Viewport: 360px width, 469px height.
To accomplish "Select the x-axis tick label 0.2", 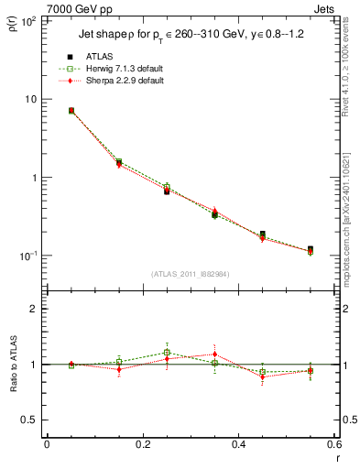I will (142, 443).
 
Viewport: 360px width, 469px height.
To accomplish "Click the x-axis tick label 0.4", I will (238, 443).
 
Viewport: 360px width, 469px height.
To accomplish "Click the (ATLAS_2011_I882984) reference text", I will (191, 273).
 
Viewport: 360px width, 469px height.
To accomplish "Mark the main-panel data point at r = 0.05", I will (71, 111).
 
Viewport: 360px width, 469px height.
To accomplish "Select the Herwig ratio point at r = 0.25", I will (167, 352).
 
